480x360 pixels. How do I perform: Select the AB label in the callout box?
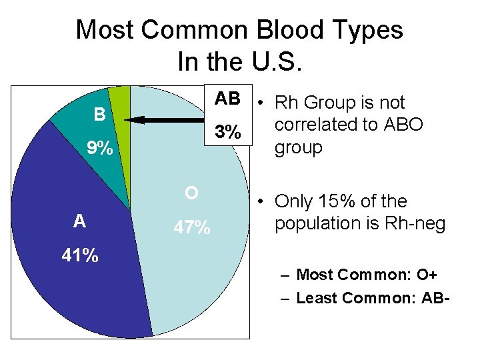pos(227,99)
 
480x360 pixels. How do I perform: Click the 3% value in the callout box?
pos(228,132)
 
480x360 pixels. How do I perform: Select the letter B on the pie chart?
pos(99,115)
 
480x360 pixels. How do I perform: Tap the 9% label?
pos(100,147)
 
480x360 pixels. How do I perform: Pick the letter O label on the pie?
pos(191,193)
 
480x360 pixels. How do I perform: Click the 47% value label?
pos(191,228)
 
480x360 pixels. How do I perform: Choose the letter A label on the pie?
pos(79,221)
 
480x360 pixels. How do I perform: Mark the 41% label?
pos(80,255)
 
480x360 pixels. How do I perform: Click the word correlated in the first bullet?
pos(321,125)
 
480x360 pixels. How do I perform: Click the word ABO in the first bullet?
pos(399,125)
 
